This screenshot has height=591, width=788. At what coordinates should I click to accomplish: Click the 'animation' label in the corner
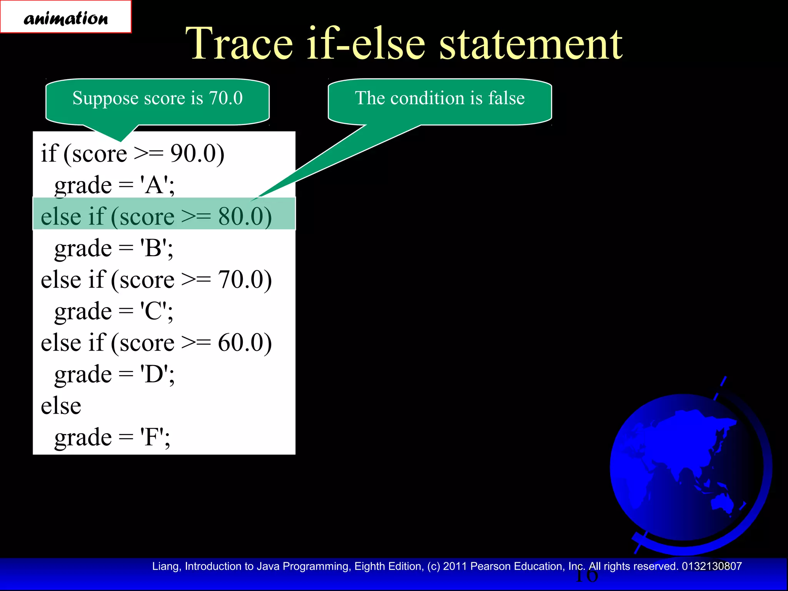coord(66,18)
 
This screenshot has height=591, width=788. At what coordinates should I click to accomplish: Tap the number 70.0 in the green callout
coord(226,98)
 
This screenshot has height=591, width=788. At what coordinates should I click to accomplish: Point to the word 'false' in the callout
coord(506,98)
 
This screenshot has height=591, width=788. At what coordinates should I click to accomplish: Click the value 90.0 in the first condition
coord(192,154)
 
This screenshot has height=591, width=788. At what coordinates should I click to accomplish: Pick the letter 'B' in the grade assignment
coord(154,248)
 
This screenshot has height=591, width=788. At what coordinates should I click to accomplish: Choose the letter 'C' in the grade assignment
coord(154,311)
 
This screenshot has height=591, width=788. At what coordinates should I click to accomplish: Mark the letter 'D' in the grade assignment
coord(154,374)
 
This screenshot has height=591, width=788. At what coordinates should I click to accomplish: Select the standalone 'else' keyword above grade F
coord(61,406)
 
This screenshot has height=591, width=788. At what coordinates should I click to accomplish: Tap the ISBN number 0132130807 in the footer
coord(712,566)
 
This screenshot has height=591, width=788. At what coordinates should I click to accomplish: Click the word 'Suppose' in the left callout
coord(105,98)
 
